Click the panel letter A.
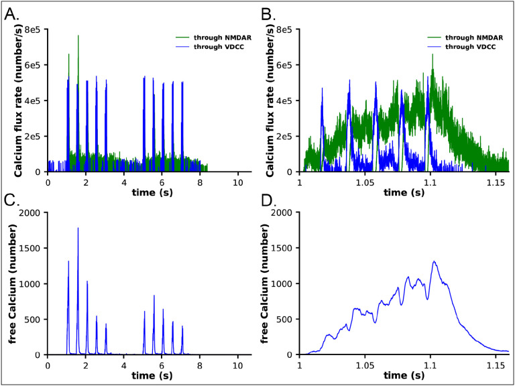pyautogui.click(x=12, y=12)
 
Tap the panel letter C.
pyautogui.click(x=12, y=200)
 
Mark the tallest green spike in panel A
pyautogui.click(x=78, y=36)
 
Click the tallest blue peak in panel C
pyautogui.click(x=78, y=229)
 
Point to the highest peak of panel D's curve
pyautogui.click(x=435, y=262)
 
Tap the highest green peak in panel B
pyautogui.click(x=433, y=55)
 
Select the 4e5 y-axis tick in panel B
pyautogui.click(x=287, y=101)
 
